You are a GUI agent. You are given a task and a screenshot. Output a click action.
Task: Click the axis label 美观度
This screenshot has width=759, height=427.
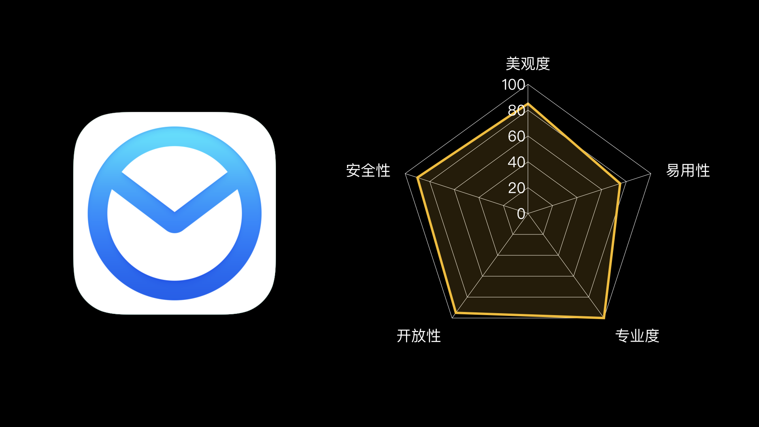pyautogui.click(x=528, y=64)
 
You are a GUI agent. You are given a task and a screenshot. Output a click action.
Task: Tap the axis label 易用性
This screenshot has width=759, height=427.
pyautogui.click(x=688, y=171)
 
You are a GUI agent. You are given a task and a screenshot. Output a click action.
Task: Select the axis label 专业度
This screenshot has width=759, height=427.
pyautogui.click(x=637, y=336)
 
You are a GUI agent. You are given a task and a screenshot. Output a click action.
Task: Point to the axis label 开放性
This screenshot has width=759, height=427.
pyautogui.click(x=419, y=336)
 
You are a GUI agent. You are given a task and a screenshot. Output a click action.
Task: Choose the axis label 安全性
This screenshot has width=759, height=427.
pyautogui.click(x=368, y=171)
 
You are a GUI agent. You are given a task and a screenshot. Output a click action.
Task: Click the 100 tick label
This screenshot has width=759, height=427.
pyautogui.click(x=513, y=85)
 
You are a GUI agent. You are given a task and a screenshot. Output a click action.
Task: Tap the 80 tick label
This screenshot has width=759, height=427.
pyautogui.click(x=516, y=110)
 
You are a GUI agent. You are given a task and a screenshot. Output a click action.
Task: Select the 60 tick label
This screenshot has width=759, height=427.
pyautogui.click(x=516, y=136)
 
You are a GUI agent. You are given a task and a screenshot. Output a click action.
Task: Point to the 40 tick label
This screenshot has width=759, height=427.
pyautogui.click(x=516, y=162)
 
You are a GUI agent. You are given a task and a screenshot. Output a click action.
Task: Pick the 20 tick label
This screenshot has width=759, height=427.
pyautogui.click(x=516, y=188)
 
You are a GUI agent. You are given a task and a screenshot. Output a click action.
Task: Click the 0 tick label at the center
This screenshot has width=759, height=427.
pyautogui.click(x=521, y=214)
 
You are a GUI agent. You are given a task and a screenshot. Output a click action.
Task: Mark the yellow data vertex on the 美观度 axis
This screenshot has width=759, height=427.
pyautogui.click(x=528, y=104)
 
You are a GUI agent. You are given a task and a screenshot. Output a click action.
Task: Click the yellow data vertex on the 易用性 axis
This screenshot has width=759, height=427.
pyautogui.click(x=620, y=183)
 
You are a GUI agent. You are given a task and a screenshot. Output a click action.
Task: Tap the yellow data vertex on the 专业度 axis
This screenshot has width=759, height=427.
pyautogui.click(x=603, y=317)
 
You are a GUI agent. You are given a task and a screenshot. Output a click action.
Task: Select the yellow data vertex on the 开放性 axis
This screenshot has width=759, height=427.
pyautogui.click(x=456, y=313)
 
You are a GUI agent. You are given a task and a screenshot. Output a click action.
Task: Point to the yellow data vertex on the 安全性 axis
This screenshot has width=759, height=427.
pyautogui.click(x=417, y=178)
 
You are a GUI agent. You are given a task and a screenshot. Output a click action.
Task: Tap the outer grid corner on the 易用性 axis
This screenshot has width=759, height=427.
pyautogui.click(x=651, y=174)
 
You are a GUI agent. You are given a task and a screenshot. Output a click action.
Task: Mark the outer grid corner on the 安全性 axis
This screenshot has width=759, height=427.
pyautogui.click(x=405, y=174)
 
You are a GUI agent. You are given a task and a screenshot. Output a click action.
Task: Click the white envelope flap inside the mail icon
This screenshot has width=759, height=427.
pyautogui.click(x=174, y=174)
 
